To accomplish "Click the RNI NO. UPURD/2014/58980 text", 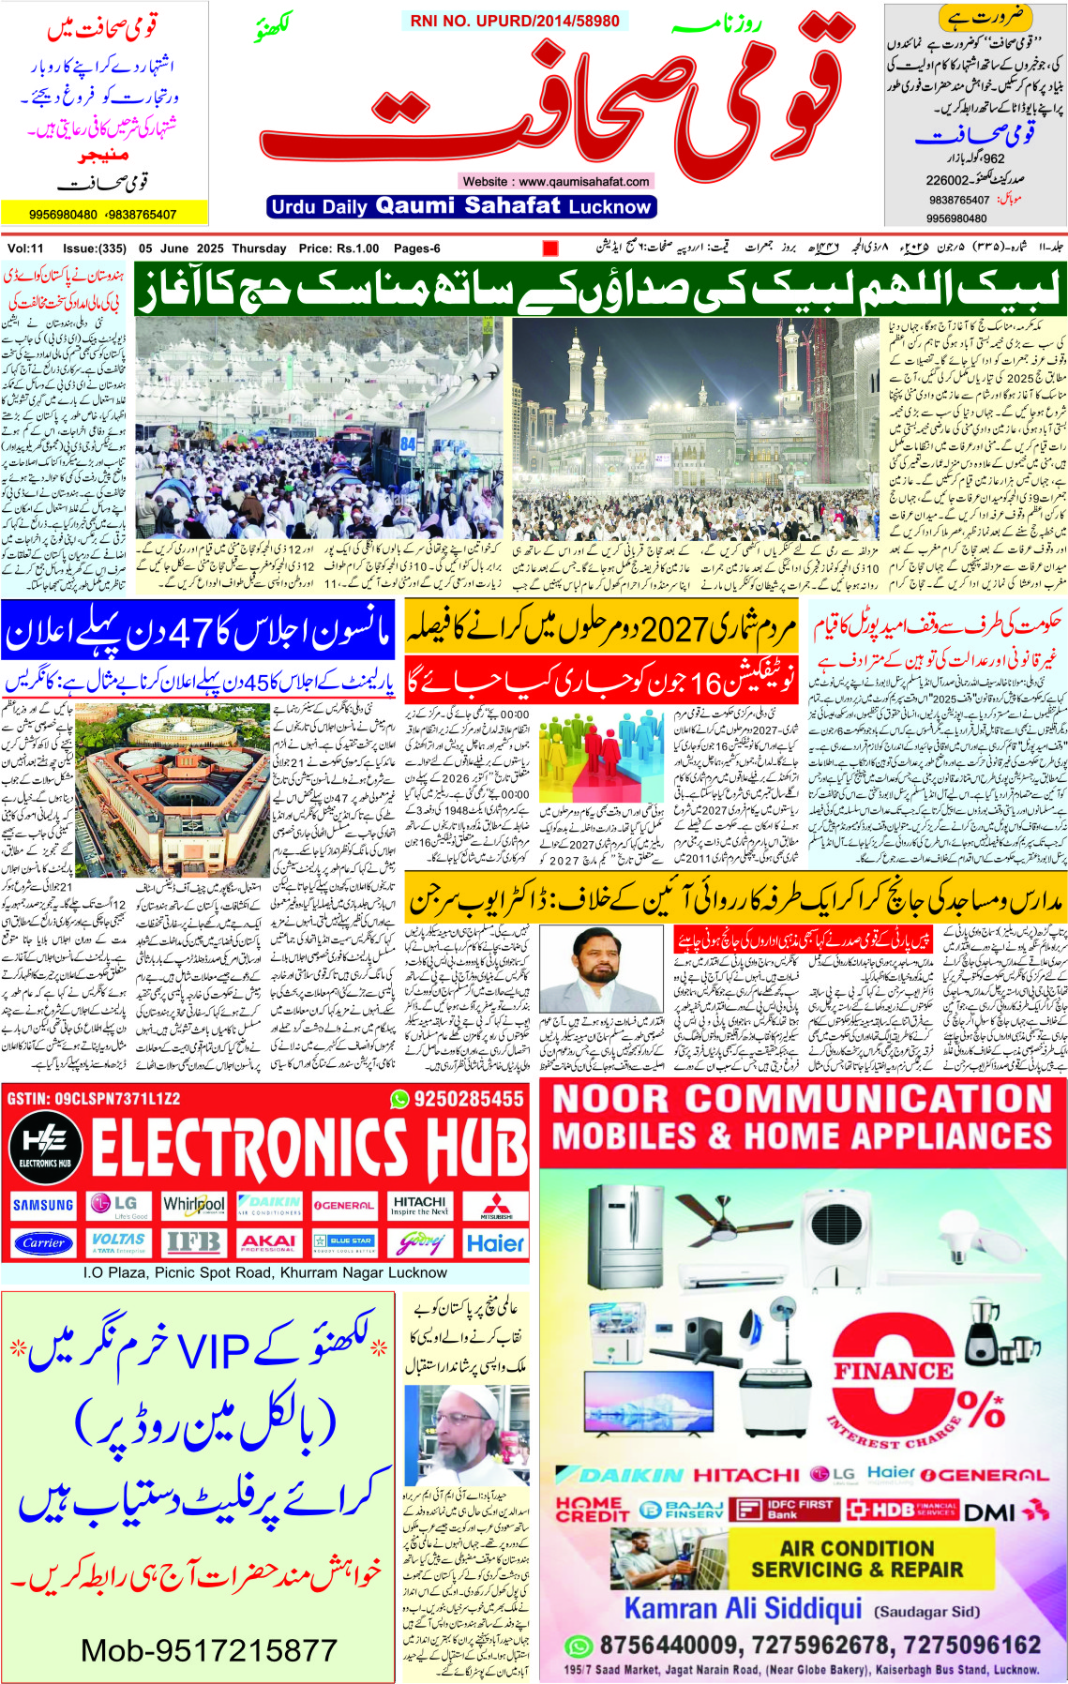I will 515,21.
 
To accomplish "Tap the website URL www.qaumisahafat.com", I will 555,181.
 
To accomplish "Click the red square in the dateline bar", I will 550,248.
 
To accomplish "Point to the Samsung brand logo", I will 43,1205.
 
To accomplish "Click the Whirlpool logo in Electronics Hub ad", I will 194,1205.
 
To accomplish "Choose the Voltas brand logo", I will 118,1242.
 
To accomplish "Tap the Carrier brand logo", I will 43,1242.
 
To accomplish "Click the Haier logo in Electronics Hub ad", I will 495,1242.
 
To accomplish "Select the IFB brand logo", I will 193,1242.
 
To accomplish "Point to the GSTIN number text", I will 93,1098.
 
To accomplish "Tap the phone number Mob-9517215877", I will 208,1650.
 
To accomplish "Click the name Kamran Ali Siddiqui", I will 743,1608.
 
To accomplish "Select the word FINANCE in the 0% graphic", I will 893,1372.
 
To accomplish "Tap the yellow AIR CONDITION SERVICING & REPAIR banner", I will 856,1558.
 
